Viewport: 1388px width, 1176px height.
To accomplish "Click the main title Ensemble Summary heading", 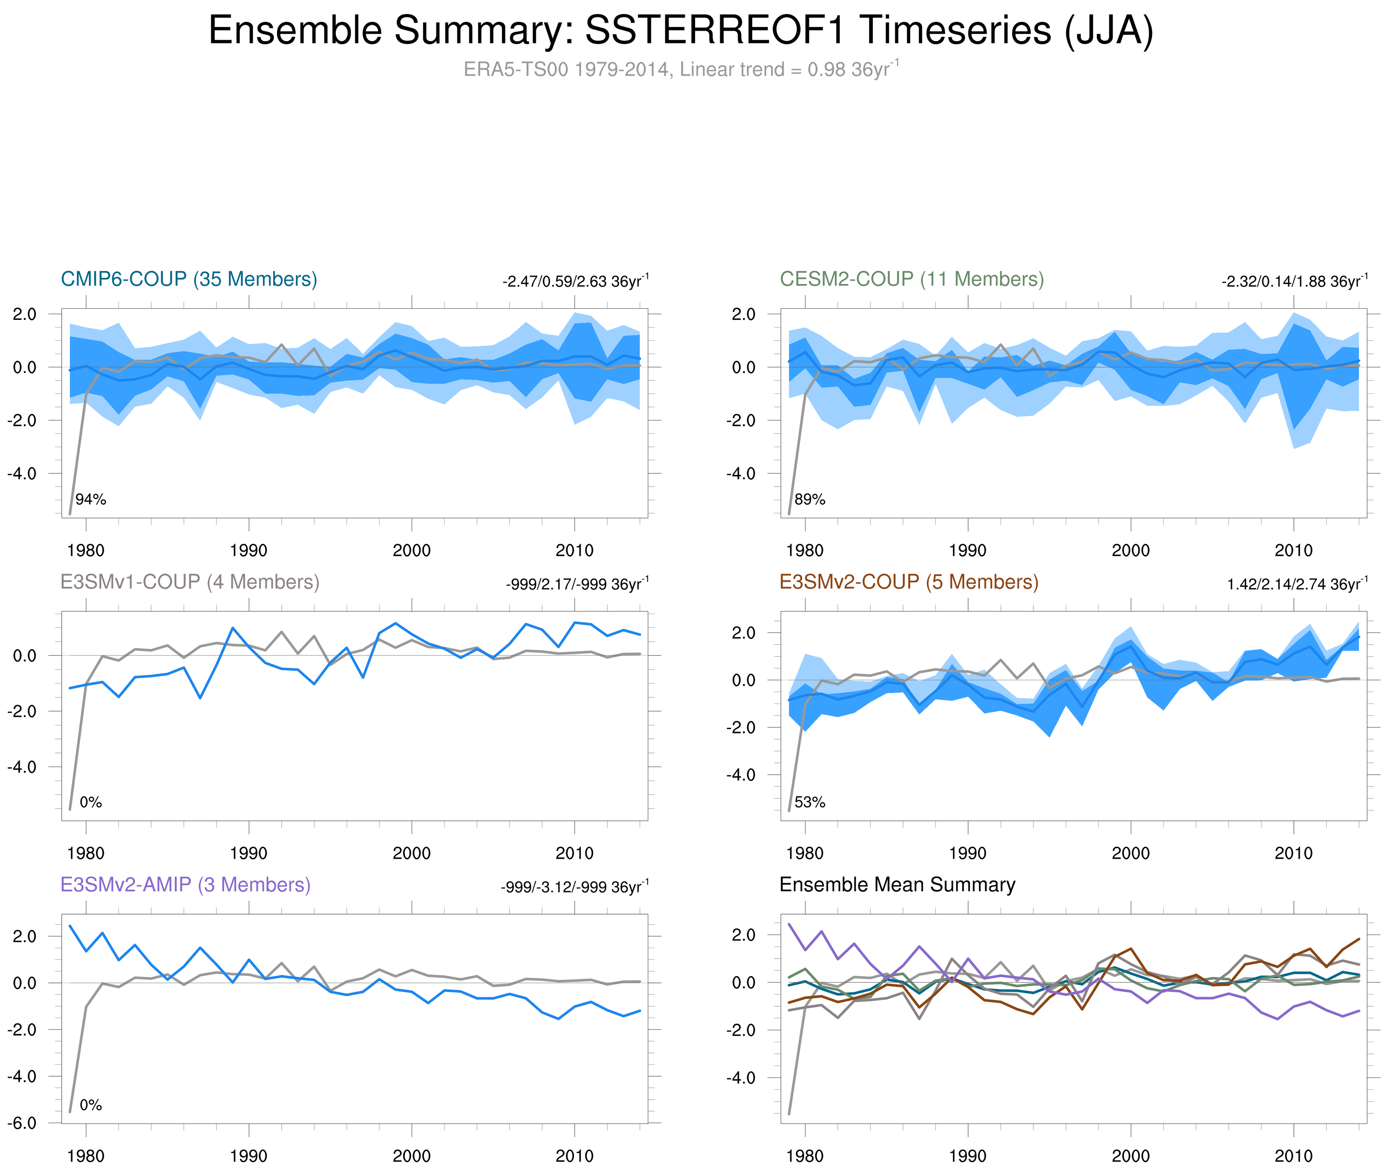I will [680, 31].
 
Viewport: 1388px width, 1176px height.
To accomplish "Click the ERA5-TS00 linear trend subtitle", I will [680, 70].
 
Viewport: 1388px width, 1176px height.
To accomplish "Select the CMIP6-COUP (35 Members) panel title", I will [189, 279].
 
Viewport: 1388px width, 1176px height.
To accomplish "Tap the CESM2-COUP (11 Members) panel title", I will [912, 279].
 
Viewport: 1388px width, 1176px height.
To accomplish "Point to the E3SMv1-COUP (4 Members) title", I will [190, 582].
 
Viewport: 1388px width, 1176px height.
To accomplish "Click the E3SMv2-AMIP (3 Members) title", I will [185, 885].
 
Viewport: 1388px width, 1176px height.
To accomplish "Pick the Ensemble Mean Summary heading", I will [897, 885].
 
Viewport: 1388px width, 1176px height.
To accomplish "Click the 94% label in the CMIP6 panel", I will [91, 499].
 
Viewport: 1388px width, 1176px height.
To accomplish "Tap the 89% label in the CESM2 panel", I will [810, 499].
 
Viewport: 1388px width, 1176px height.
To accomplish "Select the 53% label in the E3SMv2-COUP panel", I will [810, 802].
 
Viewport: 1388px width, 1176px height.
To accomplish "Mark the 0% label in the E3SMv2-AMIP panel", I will [91, 1105].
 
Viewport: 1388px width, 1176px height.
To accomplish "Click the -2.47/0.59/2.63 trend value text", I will [575, 281].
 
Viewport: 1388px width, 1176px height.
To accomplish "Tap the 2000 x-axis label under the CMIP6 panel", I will [411, 550].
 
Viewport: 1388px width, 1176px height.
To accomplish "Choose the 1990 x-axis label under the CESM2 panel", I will [967, 550].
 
